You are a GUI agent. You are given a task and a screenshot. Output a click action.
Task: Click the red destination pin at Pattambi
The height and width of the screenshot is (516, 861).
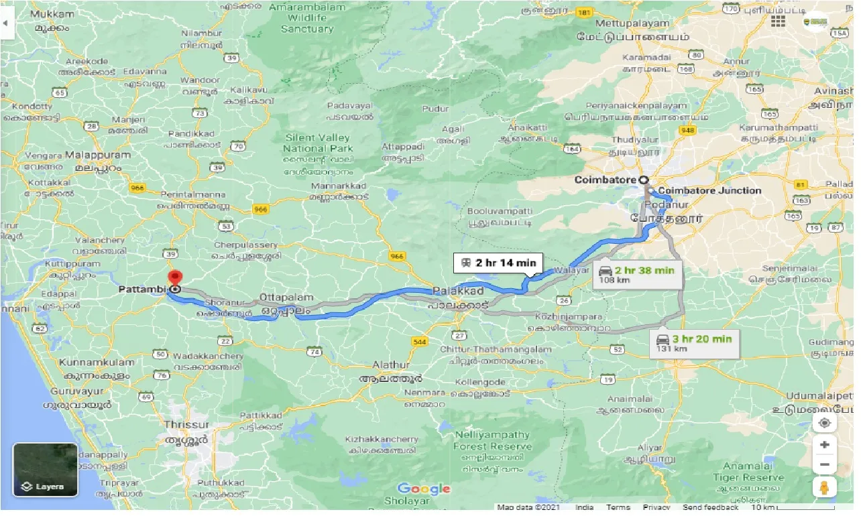click(x=175, y=279)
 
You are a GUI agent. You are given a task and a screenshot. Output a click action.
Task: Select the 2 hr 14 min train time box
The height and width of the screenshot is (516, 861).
click(x=498, y=263)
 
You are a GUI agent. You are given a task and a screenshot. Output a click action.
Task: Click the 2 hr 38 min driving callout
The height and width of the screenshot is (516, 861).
click(x=637, y=275)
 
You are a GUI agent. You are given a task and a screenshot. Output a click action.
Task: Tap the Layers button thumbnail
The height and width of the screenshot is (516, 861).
click(x=46, y=470)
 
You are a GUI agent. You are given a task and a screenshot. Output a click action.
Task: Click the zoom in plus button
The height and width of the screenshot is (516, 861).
click(x=824, y=445)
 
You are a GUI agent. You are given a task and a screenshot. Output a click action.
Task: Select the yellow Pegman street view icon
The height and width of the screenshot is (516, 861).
click(x=824, y=489)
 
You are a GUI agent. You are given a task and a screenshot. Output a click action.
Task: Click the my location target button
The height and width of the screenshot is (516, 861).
click(x=824, y=423)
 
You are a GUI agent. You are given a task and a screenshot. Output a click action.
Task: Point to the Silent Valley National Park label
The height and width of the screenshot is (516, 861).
click(x=317, y=143)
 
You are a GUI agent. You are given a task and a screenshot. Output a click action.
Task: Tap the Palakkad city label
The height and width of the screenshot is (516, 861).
click(x=458, y=292)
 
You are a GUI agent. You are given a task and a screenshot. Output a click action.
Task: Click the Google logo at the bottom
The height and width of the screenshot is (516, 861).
click(x=424, y=489)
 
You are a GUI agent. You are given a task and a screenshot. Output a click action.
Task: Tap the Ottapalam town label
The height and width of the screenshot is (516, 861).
click(x=287, y=296)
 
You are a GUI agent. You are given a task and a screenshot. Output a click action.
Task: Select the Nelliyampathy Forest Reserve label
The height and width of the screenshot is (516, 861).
click(x=493, y=440)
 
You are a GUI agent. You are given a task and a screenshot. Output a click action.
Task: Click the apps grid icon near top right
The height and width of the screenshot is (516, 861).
click(x=778, y=21)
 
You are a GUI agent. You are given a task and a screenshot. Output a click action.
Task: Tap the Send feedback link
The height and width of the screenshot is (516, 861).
click(x=711, y=507)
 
